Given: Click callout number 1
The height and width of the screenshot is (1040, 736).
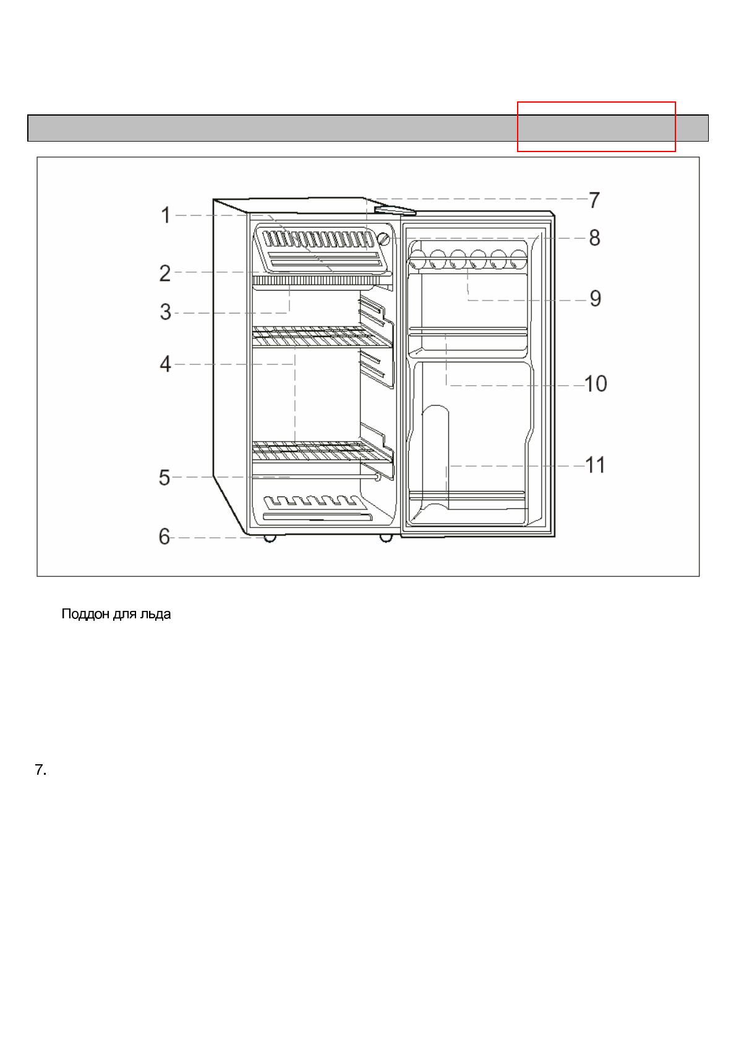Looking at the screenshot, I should click(x=165, y=215).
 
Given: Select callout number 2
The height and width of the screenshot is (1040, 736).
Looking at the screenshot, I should click(x=165, y=273).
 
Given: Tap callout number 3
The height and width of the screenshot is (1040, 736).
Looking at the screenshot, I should click(x=165, y=312).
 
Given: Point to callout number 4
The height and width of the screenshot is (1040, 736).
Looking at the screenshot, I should click(x=165, y=364).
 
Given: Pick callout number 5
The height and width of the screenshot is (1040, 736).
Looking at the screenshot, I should click(x=165, y=477).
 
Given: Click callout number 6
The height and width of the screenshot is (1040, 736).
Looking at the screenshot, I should click(x=164, y=536).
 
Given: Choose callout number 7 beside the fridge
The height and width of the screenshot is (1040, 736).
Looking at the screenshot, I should click(x=594, y=200).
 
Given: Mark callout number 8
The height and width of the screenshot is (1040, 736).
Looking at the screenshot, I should click(x=594, y=237).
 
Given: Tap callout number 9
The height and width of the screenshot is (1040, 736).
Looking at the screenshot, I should click(x=595, y=299).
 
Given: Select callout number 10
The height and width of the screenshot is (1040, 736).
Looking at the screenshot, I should click(x=596, y=384).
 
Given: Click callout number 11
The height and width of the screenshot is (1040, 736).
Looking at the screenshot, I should click(x=595, y=465).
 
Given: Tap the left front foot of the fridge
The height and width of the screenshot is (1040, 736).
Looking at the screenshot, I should click(x=270, y=538).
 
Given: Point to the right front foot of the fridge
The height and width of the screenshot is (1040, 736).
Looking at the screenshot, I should click(x=386, y=538).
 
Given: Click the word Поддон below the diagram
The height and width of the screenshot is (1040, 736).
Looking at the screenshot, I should click(x=85, y=615).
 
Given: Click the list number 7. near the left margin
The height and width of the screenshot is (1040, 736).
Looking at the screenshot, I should click(x=41, y=770).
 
